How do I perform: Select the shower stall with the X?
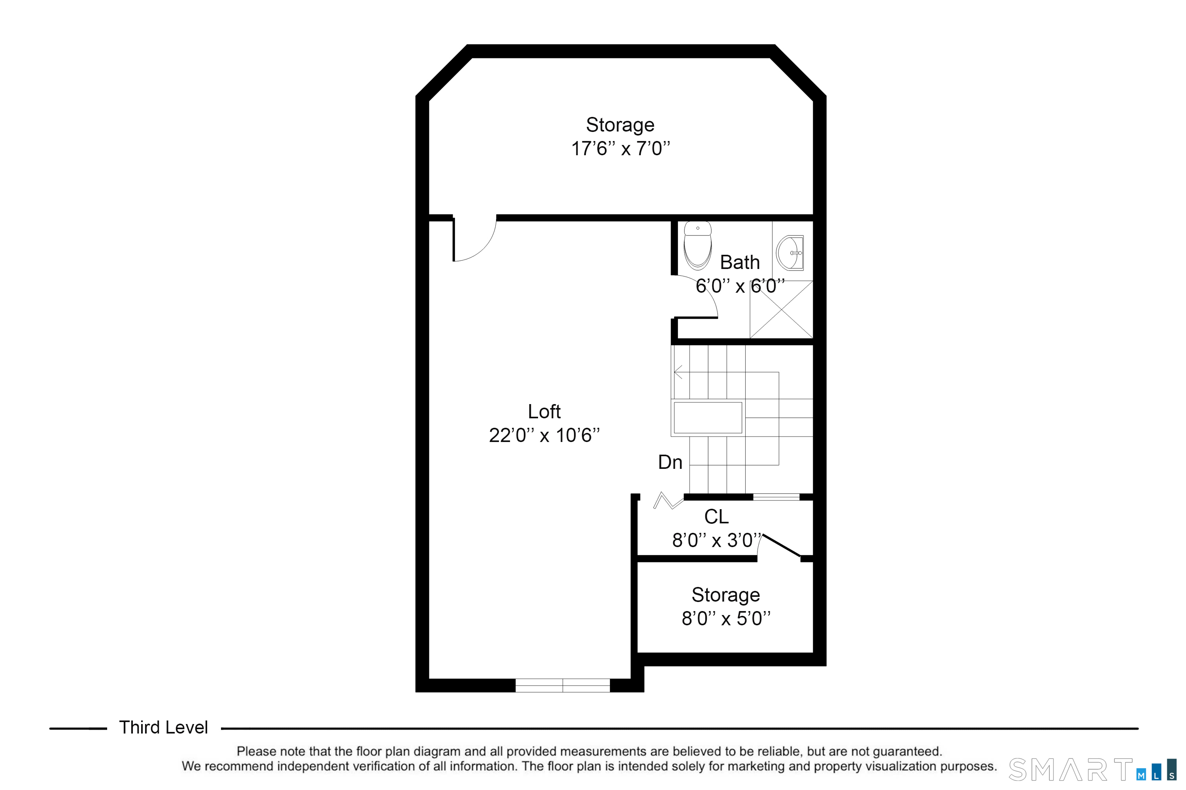point(781,309)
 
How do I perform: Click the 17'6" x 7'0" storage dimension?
point(620,149)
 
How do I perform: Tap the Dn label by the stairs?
point(670,463)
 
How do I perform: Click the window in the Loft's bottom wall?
point(562,685)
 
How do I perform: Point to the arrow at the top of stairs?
point(678,372)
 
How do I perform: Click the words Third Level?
point(163,728)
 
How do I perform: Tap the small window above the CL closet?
point(776,497)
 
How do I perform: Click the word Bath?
point(739,263)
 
